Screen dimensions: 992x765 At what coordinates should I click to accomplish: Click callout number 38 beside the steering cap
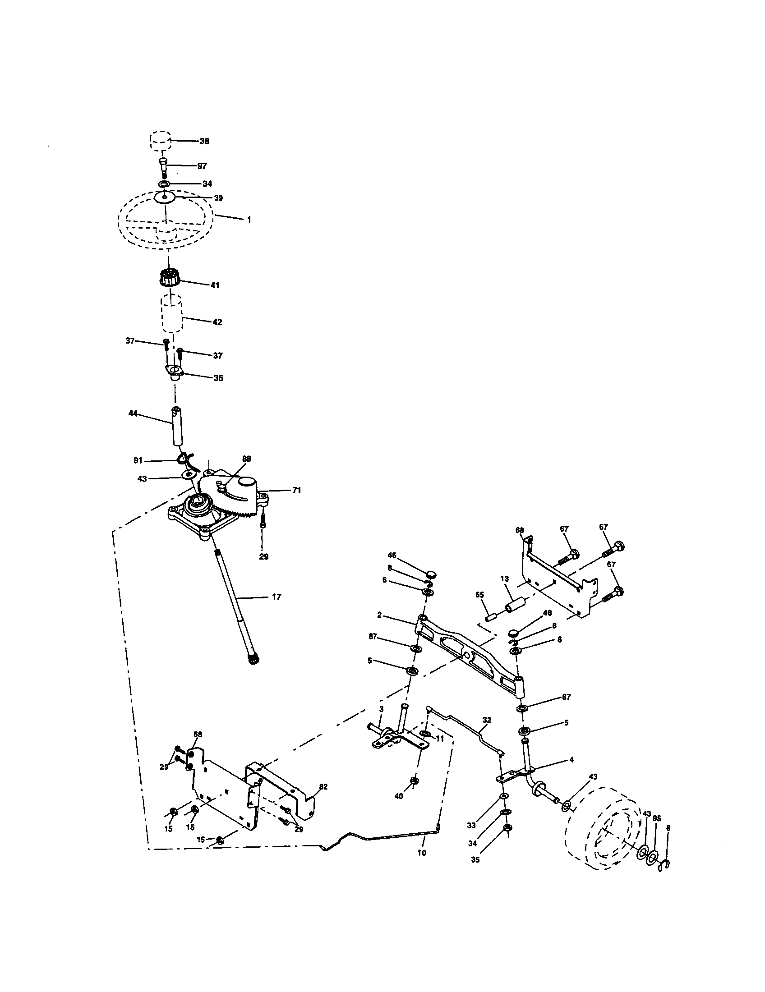[x=204, y=141]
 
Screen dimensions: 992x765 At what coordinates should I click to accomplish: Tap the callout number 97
[x=202, y=166]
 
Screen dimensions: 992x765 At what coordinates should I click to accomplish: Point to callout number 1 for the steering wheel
[x=249, y=220]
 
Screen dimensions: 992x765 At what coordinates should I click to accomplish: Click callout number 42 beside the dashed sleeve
[x=217, y=322]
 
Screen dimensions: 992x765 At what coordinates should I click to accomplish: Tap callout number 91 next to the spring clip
[x=138, y=461]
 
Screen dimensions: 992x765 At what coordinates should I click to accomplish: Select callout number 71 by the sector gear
[x=296, y=491]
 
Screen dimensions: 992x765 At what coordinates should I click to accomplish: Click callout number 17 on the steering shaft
[x=276, y=597]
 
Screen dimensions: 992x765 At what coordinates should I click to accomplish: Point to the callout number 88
[x=246, y=459]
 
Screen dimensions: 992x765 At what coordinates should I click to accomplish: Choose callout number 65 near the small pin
[x=479, y=595]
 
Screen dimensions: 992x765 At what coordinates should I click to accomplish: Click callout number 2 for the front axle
[x=379, y=615]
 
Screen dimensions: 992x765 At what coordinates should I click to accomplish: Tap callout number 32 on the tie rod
[x=487, y=720]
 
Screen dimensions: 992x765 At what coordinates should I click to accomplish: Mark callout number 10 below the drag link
[x=422, y=853]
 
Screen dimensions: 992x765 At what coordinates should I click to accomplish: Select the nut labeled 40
[x=414, y=781]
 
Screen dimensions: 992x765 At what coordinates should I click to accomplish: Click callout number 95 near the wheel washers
[x=657, y=818]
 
